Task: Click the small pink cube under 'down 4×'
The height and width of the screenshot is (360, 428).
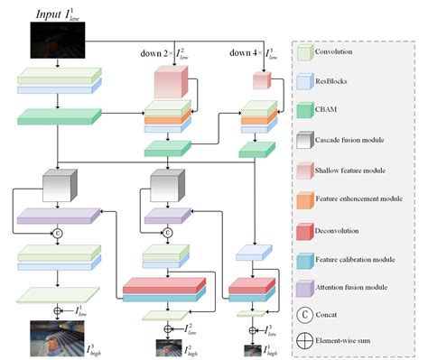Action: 262,82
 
